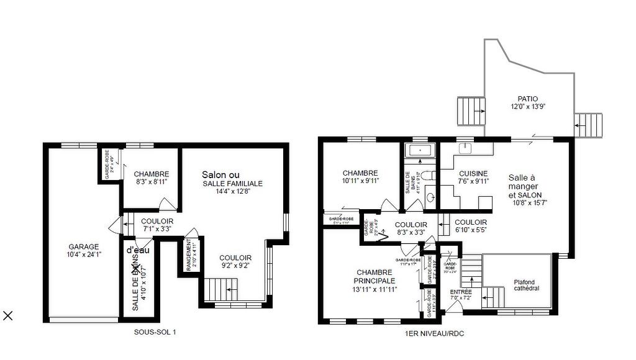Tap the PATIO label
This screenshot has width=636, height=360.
pyautogui.click(x=528, y=99)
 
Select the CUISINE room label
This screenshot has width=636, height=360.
pyautogui.click(x=473, y=174)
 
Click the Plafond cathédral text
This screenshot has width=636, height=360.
pyautogui.click(x=517, y=284)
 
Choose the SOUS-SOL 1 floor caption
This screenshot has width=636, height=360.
pyautogui.click(x=155, y=332)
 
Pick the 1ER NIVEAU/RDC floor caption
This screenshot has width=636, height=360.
pyautogui.click(x=434, y=334)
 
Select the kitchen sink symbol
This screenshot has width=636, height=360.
pyautogui.click(x=465, y=149)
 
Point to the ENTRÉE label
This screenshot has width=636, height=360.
pyautogui.click(x=461, y=292)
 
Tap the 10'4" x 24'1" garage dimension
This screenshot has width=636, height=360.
pyautogui.click(x=84, y=254)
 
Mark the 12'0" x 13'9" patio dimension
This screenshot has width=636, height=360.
pyautogui.click(x=528, y=107)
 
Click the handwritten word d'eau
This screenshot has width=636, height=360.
pyautogui.click(x=140, y=251)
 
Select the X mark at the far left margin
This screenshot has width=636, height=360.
pyautogui.click(x=8, y=316)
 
